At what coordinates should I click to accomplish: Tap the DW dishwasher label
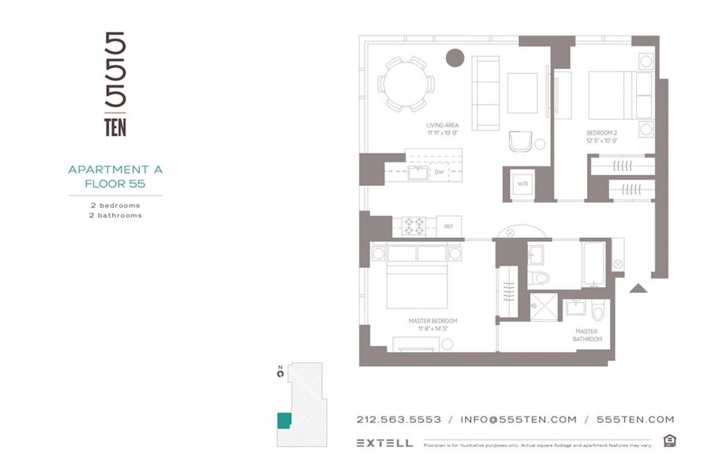[439, 172]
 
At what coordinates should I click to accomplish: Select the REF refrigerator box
[448, 227]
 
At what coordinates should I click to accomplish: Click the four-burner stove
[414, 227]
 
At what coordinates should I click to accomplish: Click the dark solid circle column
[454, 58]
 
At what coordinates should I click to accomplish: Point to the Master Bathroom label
[587, 335]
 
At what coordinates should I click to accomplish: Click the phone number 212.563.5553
[399, 420]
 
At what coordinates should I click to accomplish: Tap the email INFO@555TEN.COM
[518, 420]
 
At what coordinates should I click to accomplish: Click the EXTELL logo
[384, 443]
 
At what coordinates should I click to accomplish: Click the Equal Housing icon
[668, 441]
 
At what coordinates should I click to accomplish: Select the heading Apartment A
[115, 169]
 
